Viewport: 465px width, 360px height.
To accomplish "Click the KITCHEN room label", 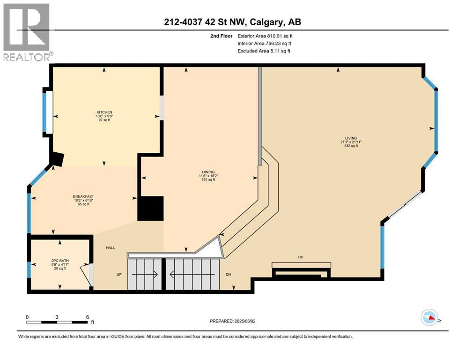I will (104, 112).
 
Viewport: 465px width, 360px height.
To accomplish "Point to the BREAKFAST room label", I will (81, 196).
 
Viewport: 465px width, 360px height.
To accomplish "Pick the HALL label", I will (110, 248).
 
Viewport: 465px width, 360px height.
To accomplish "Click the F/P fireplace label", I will (301, 257).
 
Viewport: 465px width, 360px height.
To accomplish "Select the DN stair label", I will (229, 274).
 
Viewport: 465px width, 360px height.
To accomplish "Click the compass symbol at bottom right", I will (429, 318).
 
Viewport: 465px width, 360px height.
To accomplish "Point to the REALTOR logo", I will (27, 32).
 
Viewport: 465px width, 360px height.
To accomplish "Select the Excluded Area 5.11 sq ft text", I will (264, 51).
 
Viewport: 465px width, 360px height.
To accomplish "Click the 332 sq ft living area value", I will (349, 146).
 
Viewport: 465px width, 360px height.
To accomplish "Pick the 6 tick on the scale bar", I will (87, 317).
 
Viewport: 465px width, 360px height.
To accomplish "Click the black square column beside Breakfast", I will (150, 209).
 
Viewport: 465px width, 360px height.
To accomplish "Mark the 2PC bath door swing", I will (86, 274).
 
